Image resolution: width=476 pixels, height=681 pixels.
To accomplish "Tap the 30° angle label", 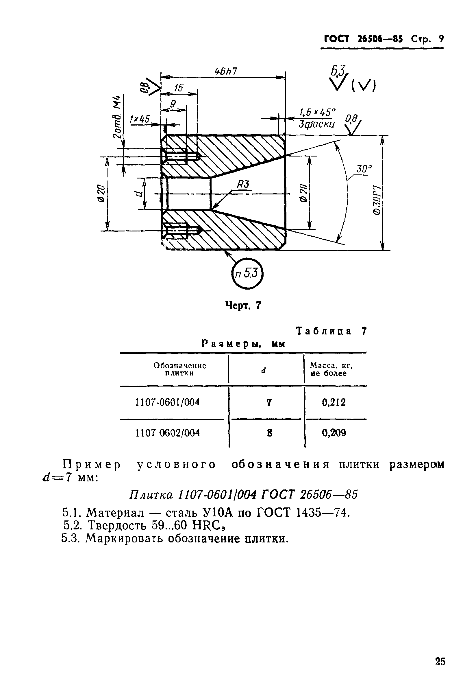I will click(364, 169).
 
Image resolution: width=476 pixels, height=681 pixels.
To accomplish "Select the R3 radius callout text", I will click(243, 185).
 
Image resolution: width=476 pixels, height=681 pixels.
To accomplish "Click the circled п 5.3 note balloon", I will click(247, 273).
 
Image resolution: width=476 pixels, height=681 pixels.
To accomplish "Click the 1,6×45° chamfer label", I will click(318, 113).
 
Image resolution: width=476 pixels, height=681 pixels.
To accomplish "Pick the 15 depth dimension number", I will click(178, 88).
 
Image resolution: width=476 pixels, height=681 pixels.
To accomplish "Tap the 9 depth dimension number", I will click(173, 104).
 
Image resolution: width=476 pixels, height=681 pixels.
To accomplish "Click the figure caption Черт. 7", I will click(243, 305).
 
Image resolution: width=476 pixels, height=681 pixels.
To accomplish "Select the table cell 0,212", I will click(334, 402).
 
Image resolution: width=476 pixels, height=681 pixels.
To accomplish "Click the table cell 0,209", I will click(334, 433).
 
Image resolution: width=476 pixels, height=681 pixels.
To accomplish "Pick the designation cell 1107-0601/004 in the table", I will click(167, 402).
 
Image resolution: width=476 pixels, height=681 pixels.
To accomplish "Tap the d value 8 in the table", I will click(269, 433).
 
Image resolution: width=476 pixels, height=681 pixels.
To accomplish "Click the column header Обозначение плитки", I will click(179, 369).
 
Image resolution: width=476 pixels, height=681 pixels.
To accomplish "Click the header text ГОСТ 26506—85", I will click(363, 39).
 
